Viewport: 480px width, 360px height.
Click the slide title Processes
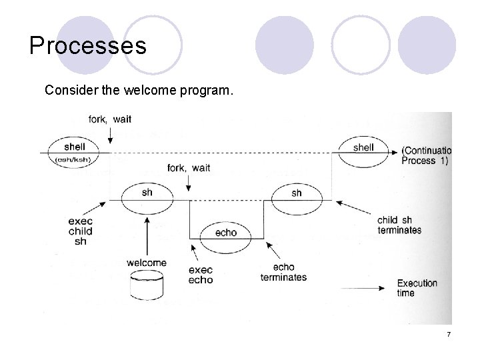(87, 46)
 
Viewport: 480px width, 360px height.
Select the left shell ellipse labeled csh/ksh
(74, 152)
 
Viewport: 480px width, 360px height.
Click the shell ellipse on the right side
(363, 153)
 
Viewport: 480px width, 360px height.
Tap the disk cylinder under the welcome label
(147, 287)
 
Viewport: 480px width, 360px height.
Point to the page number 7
(449, 333)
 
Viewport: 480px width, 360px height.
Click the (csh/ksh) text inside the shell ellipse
(74, 160)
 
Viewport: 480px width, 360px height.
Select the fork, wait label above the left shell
(110, 119)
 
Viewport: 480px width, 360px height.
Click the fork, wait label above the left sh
(189, 167)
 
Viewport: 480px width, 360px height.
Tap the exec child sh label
(80, 231)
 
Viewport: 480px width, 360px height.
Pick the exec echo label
(201, 275)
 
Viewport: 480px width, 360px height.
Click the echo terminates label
(283, 272)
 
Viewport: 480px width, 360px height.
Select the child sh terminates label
(399, 225)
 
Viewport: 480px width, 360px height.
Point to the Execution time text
(417, 288)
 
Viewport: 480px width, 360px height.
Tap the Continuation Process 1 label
(426, 155)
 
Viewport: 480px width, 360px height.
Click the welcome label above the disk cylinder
(146, 263)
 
